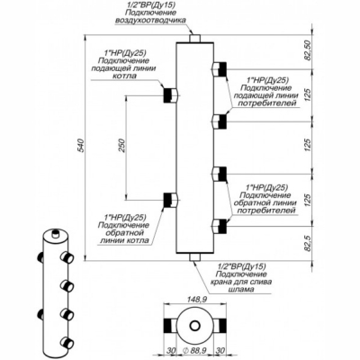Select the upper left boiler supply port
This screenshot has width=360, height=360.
168,94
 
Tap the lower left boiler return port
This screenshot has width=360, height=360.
168,200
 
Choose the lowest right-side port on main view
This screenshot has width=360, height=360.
218,224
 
